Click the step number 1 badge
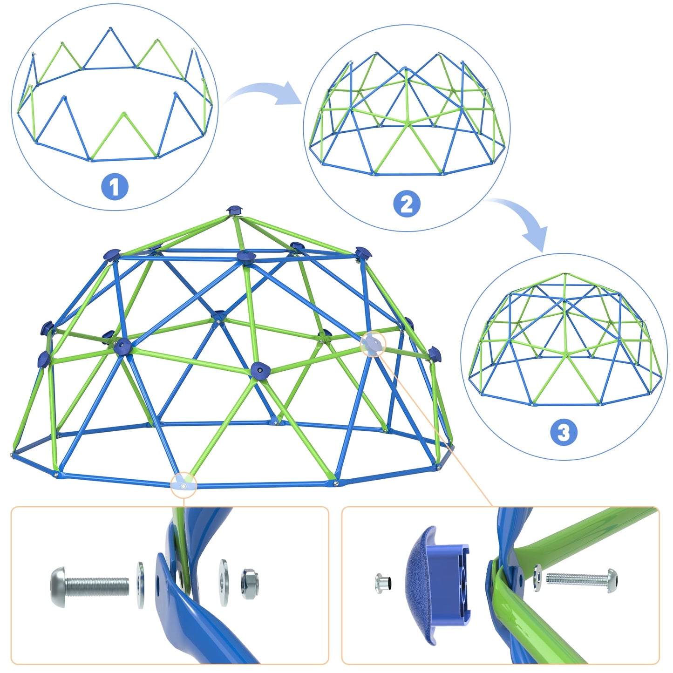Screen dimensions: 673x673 (x=115, y=187)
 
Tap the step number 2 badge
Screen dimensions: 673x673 (x=407, y=204)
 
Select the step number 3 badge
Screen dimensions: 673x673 (x=564, y=432)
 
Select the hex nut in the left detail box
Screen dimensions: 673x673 (x=250, y=584)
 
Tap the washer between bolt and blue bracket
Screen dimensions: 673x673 (x=141, y=585)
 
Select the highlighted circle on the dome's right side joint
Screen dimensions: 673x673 (x=374, y=344)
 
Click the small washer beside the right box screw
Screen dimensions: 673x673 (x=538, y=578)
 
